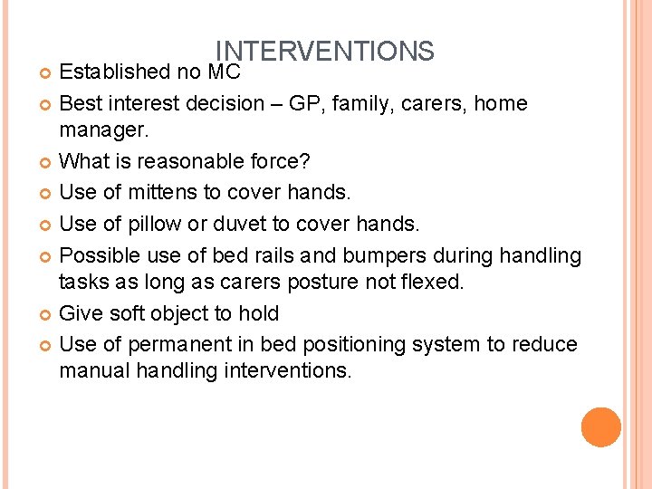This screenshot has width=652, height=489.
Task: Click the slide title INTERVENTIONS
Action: click(324, 51)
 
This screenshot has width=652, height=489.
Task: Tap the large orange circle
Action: click(601, 427)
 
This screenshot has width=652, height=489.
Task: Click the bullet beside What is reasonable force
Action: click(47, 163)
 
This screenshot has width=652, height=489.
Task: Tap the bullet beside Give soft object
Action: click(47, 314)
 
